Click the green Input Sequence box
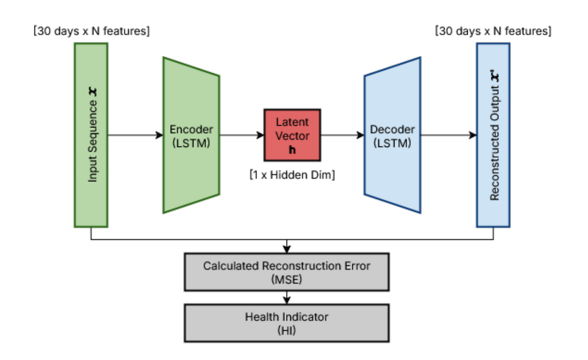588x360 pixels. point(91,135)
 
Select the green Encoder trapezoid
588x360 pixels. point(191,135)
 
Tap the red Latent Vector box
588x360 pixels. point(292,135)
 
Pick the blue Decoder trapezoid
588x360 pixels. point(392,135)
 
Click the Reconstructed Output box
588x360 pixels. point(493,135)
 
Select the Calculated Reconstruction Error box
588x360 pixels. point(287,272)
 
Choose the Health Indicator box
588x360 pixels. point(287,323)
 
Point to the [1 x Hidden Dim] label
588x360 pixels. point(292,175)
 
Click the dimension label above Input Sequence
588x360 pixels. point(91,31)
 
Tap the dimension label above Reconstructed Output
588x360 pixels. point(493,31)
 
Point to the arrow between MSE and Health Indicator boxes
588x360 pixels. point(287,297)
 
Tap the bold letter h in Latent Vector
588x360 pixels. point(292,149)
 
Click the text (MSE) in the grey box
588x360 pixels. point(287,279)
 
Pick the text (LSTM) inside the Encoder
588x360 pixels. point(191,142)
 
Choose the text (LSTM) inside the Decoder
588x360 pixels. point(392,142)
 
